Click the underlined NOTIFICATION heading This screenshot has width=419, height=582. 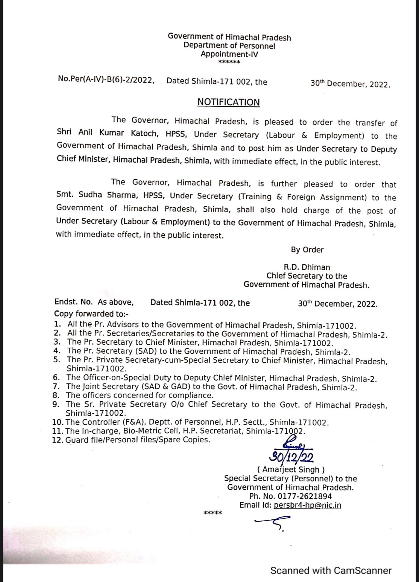(x=228, y=102)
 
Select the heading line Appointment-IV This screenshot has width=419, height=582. (x=229, y=54)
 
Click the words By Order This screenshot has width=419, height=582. (x=307, y=250)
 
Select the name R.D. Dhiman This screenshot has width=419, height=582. (x=307, y=267)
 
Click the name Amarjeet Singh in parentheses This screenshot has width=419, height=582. (x=291, y=470)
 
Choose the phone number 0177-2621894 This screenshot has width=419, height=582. (x=304, y=496)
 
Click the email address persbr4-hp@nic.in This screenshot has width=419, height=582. (x=307, y=505)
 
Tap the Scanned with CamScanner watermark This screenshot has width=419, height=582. (x=331, y=571)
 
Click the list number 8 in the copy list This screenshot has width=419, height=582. (x=56, y=395)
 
